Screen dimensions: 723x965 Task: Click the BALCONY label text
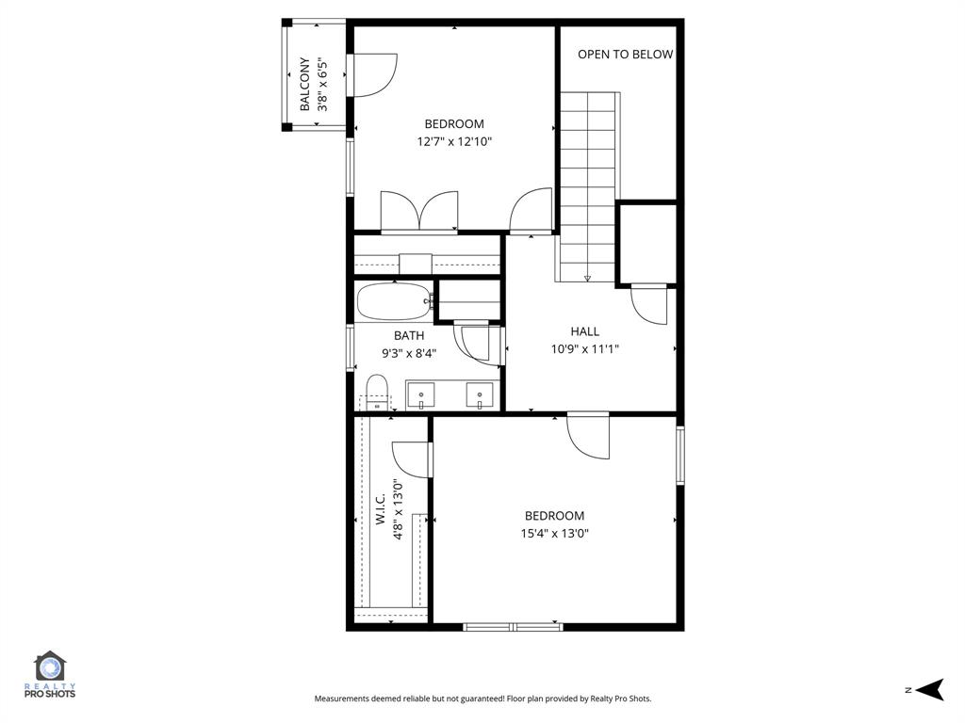click(304, 85)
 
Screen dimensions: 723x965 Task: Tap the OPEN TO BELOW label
click(625, 55)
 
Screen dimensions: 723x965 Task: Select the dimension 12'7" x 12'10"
click(454, 142)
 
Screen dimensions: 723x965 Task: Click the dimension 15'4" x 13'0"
click(554, 534)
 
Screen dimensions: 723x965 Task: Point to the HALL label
click(584, 331)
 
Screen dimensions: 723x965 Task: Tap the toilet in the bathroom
click(377, 391)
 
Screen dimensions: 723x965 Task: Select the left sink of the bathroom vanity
click(420, 394)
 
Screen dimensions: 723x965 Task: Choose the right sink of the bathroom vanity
click(481, 394)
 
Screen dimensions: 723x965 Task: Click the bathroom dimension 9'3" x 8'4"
click(409, 354)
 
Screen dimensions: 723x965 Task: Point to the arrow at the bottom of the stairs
click(587, 278)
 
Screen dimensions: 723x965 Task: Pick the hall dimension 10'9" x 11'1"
click(584, 349)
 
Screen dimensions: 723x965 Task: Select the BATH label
click(409, 336)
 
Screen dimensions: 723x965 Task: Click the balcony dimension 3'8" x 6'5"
click(323, 85)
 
